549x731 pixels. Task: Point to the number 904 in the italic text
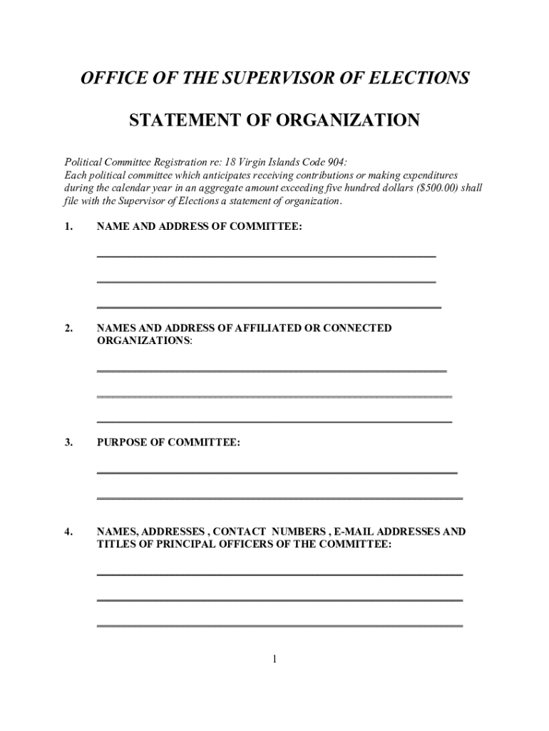tap(334, 162)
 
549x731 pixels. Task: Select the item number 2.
tap(68, 328)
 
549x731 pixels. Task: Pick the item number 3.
tap(68, 443)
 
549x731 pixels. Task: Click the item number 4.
tap(68, 532)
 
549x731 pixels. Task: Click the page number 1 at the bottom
tap(274, 659)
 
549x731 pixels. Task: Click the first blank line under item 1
tap(266, 255)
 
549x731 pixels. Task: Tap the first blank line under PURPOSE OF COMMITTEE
tap(277, 473)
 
